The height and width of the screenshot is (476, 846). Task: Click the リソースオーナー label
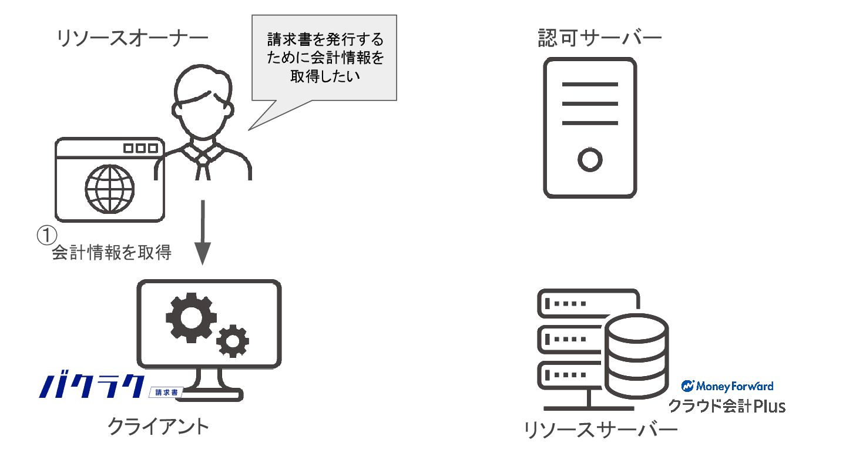coord(132,39)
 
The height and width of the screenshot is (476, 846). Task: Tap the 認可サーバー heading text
coord(600,38)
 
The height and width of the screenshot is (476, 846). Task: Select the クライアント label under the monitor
coord(158,427)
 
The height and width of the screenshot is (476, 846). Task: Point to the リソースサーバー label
coord(600,430)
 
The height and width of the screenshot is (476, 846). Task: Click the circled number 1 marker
coord(47,235)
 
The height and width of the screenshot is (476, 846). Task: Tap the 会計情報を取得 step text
coord(112,252)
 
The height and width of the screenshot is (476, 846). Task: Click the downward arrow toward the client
coord(203,232)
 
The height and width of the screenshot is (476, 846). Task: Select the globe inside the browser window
coord(109,189)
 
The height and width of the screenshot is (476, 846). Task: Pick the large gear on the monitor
coord(191,318)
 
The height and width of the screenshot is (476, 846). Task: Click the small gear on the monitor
coord(233,341)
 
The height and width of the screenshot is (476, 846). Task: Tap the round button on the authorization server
coord(590,160)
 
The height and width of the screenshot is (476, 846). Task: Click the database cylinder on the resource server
coord(637,356)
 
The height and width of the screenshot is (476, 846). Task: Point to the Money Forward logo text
coord(727,386)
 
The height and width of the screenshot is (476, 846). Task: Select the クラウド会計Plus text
coord(727,407)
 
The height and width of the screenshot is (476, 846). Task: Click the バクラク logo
coord(92,387)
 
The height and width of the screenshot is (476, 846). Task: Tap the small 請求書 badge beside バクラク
coord(166,393)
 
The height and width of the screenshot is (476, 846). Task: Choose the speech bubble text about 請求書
coord(325,58)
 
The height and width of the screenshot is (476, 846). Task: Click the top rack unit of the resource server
coord(587,303)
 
